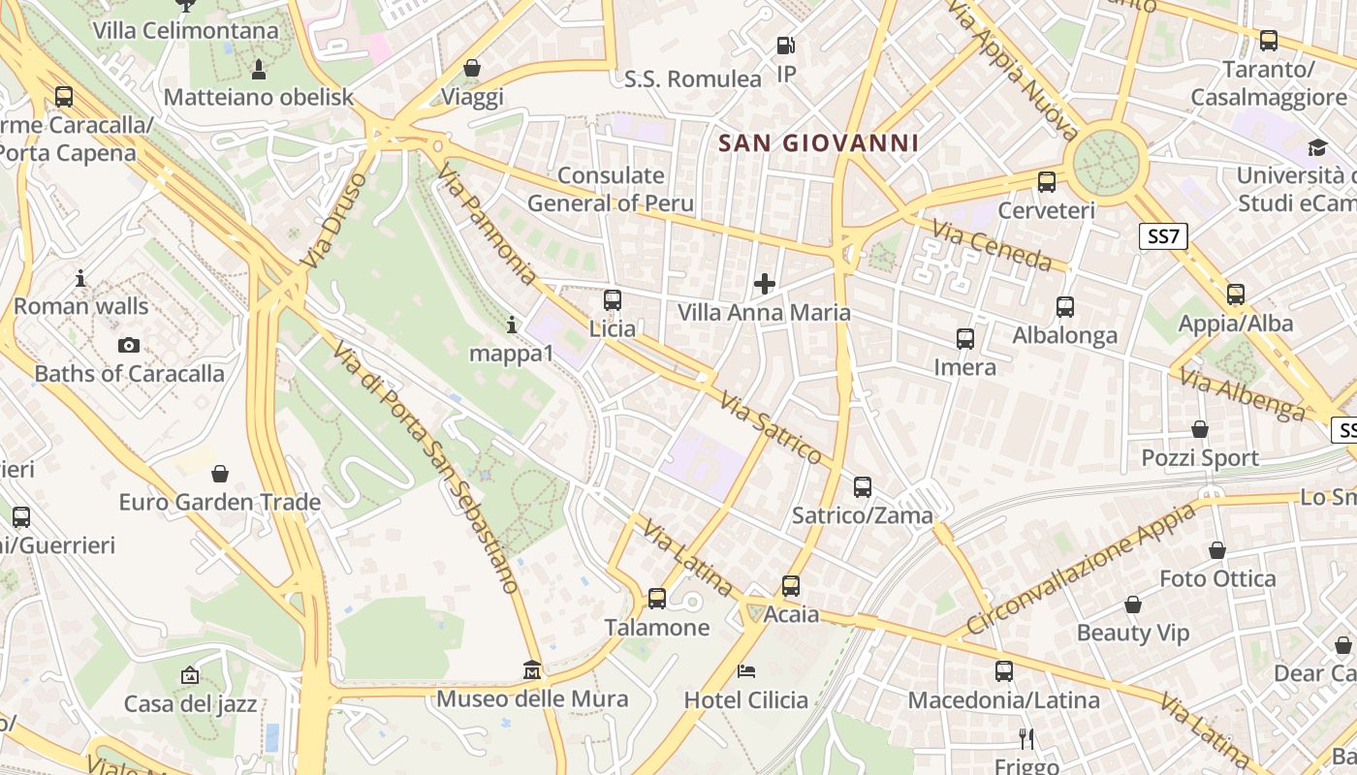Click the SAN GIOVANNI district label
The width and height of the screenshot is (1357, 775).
(x=818, y=143)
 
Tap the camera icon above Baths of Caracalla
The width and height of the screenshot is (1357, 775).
(x=128, y=345)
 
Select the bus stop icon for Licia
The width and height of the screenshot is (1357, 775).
(x=613, y=300)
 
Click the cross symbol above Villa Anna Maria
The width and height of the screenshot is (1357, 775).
(x=765, y=284)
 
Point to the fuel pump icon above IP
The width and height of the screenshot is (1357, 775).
(x=786, y=46)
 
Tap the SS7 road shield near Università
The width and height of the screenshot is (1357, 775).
(x=1163, y=236)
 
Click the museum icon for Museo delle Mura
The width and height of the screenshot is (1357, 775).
(x=531, y=669)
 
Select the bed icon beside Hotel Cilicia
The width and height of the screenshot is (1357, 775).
(x=746, y=670)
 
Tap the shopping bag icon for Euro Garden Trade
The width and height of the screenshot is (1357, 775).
(x=220, y=474)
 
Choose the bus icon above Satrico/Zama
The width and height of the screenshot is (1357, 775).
(x=863, y=486)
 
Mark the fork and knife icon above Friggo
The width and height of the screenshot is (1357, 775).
(x=1026, y=739)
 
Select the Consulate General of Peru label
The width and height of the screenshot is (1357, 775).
(x=611, y=189)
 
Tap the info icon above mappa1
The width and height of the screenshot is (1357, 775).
(x=512, y=325)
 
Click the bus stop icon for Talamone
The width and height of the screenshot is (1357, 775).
(x=657, y=599)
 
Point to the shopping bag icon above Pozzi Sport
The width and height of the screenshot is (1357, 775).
(x=1200, y=429)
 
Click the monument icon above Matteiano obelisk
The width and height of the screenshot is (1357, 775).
(x=259, y=69)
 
